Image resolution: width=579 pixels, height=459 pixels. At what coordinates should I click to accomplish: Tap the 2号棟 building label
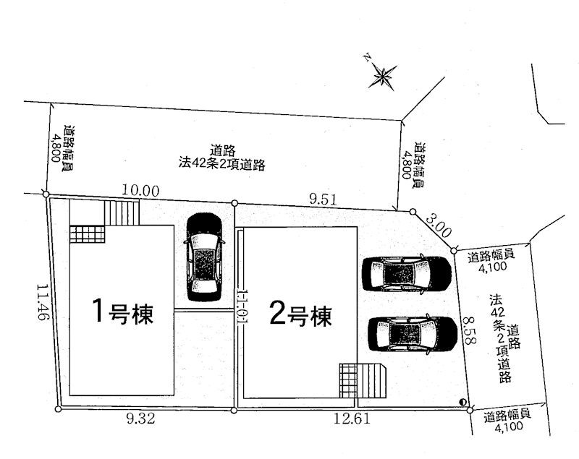[301, 316]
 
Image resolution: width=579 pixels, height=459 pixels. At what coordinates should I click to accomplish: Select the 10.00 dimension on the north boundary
[140, 191]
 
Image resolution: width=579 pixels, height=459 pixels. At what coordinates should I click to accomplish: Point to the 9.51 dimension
[323, 200]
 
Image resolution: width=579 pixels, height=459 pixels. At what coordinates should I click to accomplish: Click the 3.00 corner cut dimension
[439, 226]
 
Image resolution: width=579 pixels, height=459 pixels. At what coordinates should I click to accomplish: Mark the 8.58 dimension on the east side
[468, 330]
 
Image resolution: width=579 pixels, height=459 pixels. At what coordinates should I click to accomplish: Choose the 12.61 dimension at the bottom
[352, 419]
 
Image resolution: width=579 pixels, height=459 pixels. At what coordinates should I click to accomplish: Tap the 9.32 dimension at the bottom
[140, 419]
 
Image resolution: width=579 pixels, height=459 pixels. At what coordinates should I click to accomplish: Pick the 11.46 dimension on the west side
[43, 302]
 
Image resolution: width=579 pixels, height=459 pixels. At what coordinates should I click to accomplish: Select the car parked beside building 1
[204, 257]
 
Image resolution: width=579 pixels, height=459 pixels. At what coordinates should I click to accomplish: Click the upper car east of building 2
[407, 273]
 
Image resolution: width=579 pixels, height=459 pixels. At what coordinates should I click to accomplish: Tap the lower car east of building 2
[413, 335]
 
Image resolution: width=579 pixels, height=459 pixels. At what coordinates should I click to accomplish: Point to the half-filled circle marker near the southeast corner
[462, 402]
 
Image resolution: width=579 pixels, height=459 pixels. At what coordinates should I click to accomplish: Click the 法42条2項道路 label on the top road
[222, 163]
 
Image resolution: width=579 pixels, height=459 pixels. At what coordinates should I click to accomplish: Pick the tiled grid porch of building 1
[87, 234]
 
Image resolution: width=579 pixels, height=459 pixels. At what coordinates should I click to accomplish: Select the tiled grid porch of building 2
[349, 381]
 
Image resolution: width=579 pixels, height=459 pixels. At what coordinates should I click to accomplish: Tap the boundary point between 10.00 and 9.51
[234, 203]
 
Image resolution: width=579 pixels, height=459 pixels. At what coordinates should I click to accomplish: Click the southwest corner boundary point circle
[58, 409]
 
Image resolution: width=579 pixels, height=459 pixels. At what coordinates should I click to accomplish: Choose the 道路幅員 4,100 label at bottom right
[508, 421]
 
